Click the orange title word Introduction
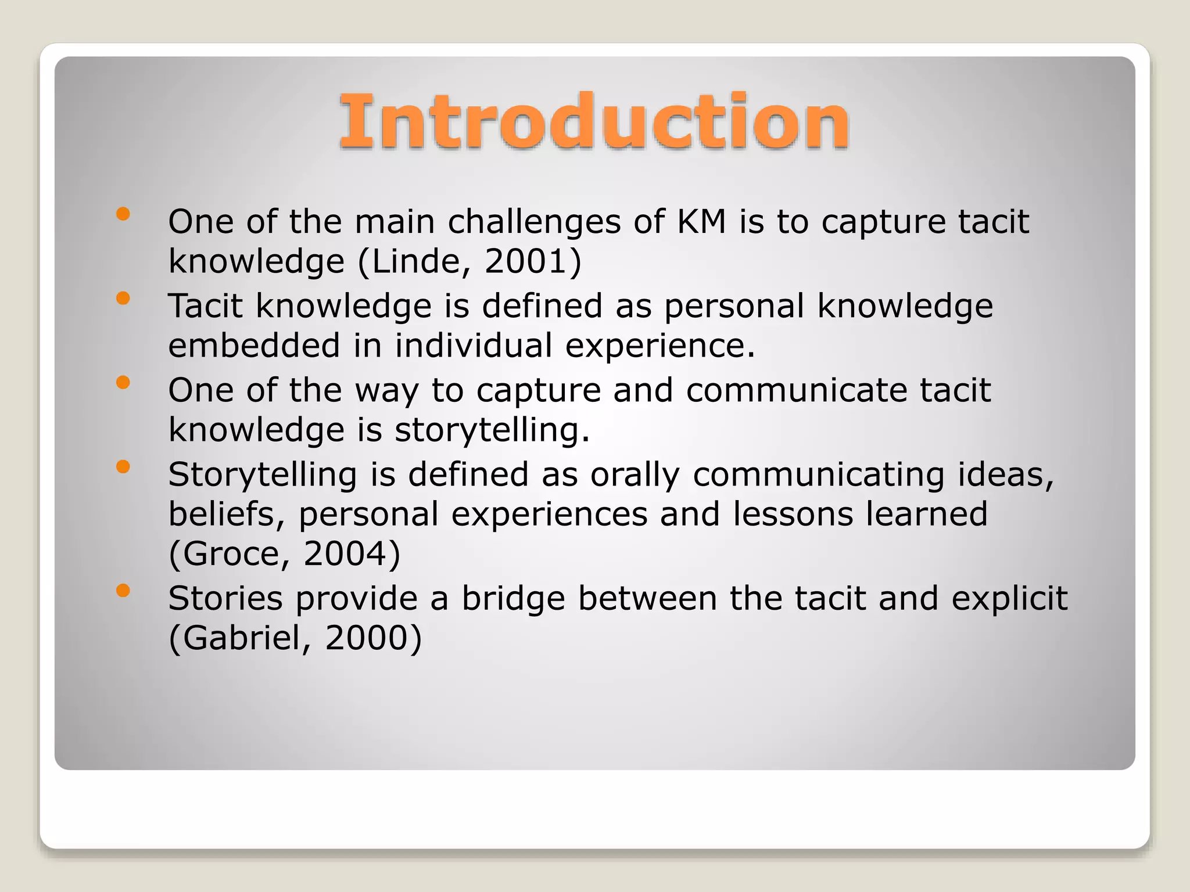coord(594,122)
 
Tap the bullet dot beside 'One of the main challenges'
coord(123,214)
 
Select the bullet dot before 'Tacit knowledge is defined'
coord(123,298)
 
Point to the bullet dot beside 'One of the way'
coord(123,383)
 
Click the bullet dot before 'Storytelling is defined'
coord(123,467)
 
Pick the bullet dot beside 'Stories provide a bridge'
coord(123,591)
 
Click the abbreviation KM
coord(702,222)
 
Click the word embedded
coord(254,346)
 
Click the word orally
coord(635,475)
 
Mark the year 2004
coord(344,554)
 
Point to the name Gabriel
coord(241,638)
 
